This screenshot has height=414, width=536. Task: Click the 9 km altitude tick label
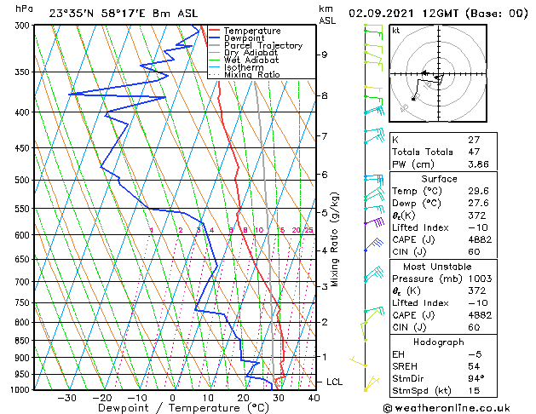click(325, 55)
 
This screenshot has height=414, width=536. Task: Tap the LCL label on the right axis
click(334, 382)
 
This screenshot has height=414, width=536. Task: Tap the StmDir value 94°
click(476, 378)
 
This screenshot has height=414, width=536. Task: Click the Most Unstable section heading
click(438, 265)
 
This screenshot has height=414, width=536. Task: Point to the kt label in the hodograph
click(396, 30)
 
